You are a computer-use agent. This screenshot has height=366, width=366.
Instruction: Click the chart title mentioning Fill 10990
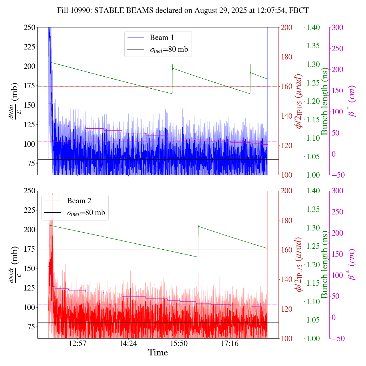(183, 11)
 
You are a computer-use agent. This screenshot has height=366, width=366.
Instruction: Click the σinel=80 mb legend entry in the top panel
(169, 49)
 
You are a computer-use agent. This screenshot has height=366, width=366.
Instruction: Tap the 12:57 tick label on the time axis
(78, 343)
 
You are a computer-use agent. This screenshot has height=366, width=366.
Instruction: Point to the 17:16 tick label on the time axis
(230, 343)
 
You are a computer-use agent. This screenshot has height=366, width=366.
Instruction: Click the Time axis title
(158, 353)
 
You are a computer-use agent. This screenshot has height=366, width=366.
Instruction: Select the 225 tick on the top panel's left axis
(30, 47)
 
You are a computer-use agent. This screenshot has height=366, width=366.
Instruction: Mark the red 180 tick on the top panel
(287, 57)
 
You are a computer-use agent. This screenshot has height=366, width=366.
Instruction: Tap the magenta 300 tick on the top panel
(337, 27)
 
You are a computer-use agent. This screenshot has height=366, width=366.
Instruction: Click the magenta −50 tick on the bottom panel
(337, 339)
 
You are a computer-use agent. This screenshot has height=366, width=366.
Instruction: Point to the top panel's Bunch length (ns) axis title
(325, 101)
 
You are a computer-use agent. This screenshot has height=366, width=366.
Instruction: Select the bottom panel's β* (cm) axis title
(352, 264)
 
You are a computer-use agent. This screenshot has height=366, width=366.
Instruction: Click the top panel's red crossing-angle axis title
(299, 101)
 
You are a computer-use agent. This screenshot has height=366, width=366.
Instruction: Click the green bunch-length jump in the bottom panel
(198, 242)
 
